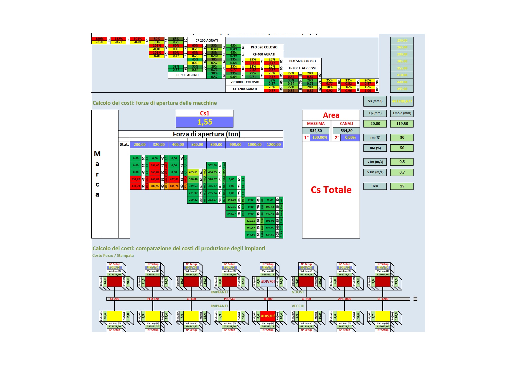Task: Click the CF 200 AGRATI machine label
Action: pyautogui.click(x=207, y=40)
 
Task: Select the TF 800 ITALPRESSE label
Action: pyautogui.click(x=302, y=68)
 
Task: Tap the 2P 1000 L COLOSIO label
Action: pyautogui.click(x=245, y=82)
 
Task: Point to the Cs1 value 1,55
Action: pyautogui.click(x=205, y=122)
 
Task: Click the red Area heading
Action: pyautogui.click(x=331, y=115)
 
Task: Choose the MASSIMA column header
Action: pyautogui.click(x=316, y=124)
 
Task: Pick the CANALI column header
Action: pyautogui.click(x=346, y=124)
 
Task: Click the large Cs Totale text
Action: pyautogui.click(x=331, y=190)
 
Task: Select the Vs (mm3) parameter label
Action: pyautogui.click(x=375, y=101)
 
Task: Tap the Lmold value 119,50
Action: pyautogui.click(x=402, y=124)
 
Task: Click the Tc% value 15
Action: pyautogui.click(x=402, y=186)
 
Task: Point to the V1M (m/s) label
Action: pyautogui.click(x=375, y=172)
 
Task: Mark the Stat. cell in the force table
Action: pyautogui.click(x=124, y=145)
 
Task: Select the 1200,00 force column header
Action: pyautogui.click(x=274, y=145)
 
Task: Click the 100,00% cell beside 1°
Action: pyautogui.click(x=320, y=138)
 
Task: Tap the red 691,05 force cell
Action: pyautogui.click(x=155, y=165)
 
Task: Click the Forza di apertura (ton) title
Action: pyautogui.click(x=206, y=134)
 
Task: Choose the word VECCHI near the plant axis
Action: pyautogui.click(x=298, y=306)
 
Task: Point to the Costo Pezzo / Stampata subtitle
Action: pyautogui.click(x=113, y=256)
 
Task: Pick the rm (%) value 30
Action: pyautogui.click(x=402, y=138)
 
